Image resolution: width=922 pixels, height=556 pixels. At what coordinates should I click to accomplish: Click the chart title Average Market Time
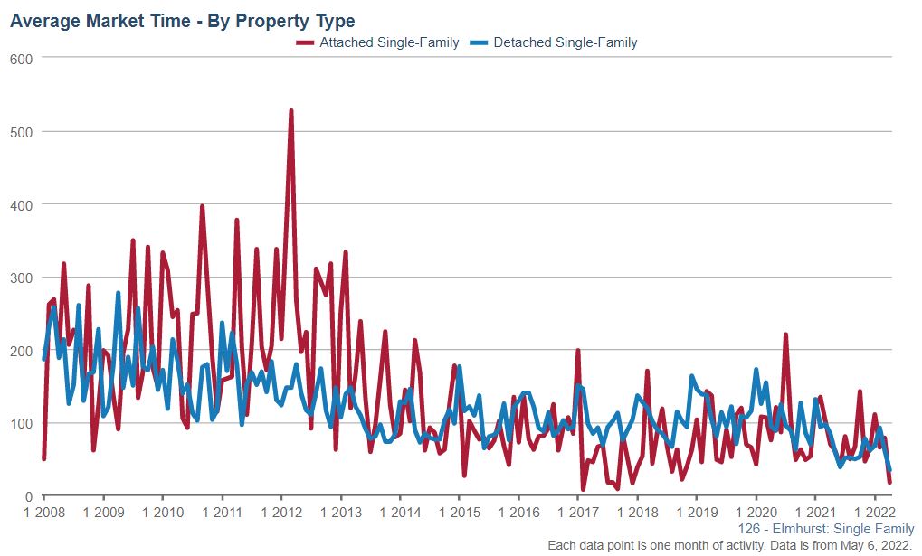pyautogui.click(x=182, y=21)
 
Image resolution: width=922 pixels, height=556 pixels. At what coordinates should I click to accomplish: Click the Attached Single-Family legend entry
pyautogui.click(x=389, y=42)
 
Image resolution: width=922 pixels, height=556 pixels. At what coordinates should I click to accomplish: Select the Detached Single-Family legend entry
pyautogui.click(x=565, y=42)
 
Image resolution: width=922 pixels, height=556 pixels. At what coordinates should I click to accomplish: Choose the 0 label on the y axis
pyautogui.click(x=29, y=496)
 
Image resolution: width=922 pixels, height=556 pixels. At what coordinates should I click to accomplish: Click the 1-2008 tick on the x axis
pyautogui.click(x=44, y=512)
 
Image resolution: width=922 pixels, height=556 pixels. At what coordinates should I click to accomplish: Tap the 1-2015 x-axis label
pyautogui.click(x=459, y=512)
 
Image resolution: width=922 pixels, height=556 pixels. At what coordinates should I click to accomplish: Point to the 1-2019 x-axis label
pyautogui.click(x=696, y=512)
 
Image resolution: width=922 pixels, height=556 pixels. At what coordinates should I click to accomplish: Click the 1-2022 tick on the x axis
pyautogui.click(x=874, y=512)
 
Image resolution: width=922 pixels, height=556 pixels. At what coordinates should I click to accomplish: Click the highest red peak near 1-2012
pyautogui.click(x=290, y=111)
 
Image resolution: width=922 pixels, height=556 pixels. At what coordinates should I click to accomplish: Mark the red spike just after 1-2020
pyautogui.click(x=785, y=335)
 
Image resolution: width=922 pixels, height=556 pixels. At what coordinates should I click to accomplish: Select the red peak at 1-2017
pyautogui.click(x=577, y=351)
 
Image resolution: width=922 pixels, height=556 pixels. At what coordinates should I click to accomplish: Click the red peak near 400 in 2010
pyautogui.click(x=202, y=206)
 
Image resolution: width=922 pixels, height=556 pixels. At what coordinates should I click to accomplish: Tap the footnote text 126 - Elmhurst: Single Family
pyautogui.click(x=826, y=529)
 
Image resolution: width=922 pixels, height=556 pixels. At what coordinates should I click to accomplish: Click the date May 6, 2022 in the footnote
pyautogui.click(x=876, y=545)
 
